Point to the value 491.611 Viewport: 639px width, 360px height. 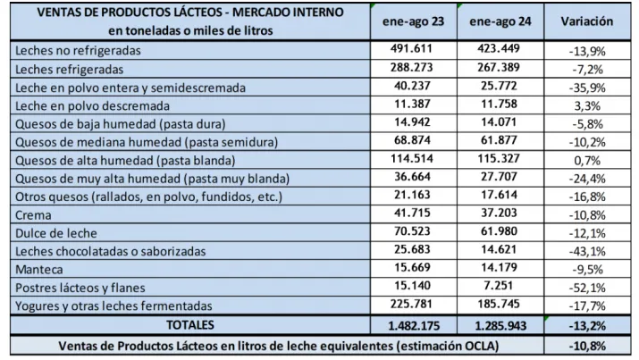tap(412, 50)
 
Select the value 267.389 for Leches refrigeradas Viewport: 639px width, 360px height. tap(497, 68)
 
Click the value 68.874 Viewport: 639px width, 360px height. tap(412, 142)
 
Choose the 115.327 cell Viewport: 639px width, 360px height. tap(497, 161)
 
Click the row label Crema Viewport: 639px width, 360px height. tap(33, 215)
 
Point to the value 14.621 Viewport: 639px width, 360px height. tap(497, 251)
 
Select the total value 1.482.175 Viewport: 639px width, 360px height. tap(412, 325)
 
